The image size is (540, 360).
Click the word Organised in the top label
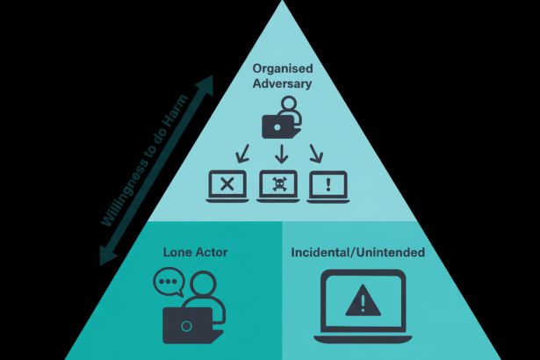(283, 68)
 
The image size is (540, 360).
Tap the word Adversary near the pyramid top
(283, 84)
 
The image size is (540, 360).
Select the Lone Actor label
(195, 252)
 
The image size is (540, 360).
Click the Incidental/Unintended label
(357, 253)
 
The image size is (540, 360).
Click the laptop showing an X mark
(227, 185)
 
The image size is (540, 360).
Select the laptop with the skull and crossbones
(279, 185)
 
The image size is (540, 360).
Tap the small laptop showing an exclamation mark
(328, 185)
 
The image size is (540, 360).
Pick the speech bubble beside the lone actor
(167, 283)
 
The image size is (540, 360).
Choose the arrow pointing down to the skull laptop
(280, 155)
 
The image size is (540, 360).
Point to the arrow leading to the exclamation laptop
(316, 155)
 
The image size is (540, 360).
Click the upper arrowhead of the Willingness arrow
(206, 83)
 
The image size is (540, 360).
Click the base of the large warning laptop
(359, 338)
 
